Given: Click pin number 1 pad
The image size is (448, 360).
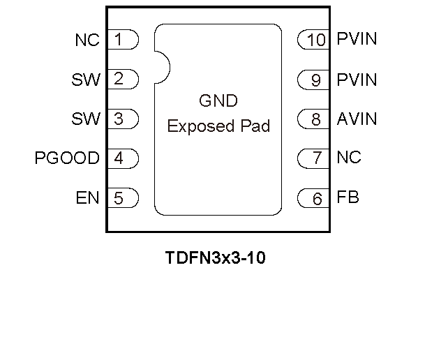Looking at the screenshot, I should (x=123, y=39).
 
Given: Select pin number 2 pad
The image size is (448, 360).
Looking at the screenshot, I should (x=123, y=79).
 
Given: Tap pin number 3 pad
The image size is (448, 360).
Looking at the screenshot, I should (x=123, y=119).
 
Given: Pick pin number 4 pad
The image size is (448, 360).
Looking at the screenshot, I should (x=123, y=158).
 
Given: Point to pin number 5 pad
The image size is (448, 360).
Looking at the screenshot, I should (x=123, y=198).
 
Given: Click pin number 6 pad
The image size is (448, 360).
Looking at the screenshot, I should (x=314, y=199).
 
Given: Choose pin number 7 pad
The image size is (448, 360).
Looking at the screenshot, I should (x=314, y=158).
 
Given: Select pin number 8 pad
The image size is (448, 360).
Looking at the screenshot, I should (x=314, y=119).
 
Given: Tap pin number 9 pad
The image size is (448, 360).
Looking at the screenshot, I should (x=314, y=80).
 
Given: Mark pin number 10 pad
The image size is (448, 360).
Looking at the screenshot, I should (x=314, y=40).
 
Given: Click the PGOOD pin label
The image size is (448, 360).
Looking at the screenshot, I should (x=67, y=158).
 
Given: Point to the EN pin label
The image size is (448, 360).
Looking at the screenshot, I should (x=88, y=198).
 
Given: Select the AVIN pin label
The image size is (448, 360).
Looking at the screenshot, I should (x=357, y=119).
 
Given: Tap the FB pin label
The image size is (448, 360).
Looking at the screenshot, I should (x=348, y=197).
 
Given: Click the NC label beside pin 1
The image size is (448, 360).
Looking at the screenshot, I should (x=87, y=40).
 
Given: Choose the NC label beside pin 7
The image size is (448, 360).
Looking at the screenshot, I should (x=349, y=158).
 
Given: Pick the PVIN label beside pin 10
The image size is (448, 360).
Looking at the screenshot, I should (x=357, y=39).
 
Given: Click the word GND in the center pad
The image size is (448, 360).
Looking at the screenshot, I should (x=218, y=101).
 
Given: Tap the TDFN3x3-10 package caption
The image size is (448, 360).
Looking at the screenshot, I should (x=216, y=258).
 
